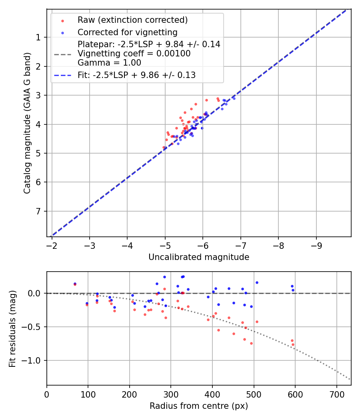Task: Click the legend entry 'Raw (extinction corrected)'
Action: pos(132,20)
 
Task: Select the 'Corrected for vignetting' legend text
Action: pos(127,32)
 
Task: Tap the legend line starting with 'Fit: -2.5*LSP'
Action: pos(136,75)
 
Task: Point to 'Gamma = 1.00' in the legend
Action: pos(109,62)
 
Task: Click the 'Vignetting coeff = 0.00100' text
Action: pos(134,54)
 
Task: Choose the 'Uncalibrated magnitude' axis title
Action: pos(199,257)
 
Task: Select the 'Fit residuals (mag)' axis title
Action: pos(12,328)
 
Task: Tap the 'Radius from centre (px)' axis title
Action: pos(199,406)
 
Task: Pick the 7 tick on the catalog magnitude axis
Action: pos(39,211)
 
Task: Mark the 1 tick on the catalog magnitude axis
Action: pos(39,38)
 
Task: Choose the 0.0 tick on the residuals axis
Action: pos(35,293)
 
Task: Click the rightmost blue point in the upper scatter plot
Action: pos(234,98)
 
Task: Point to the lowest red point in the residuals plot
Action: pos(293,344)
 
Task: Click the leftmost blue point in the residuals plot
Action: pos(75,284)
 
